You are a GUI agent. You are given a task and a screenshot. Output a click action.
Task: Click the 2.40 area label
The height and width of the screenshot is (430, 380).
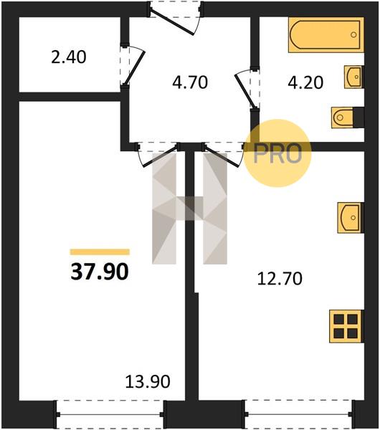tap(69, 57)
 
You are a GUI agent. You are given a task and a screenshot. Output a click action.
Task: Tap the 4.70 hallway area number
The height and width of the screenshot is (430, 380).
tap(190, 82)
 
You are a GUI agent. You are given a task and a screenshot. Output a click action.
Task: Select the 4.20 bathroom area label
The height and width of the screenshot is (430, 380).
tap(305, 82)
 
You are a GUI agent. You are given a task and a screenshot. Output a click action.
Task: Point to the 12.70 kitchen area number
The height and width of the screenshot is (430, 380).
tap(280, 279)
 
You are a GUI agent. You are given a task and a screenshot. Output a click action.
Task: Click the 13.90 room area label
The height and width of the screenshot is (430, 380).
tap(148, 381)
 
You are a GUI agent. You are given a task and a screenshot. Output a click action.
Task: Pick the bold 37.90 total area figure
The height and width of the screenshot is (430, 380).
tap(100, 272)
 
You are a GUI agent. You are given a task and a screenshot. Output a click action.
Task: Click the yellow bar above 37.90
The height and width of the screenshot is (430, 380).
tap(100, 252)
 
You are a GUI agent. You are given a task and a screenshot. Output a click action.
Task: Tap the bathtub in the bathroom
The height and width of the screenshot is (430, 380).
tap(326, 35)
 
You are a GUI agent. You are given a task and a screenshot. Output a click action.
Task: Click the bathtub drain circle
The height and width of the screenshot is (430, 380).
tap(353, 34)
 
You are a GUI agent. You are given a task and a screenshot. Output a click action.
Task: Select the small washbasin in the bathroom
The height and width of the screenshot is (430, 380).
tap(354, 77)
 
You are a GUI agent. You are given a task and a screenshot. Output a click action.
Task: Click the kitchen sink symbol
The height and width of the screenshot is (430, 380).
tap(351, 218)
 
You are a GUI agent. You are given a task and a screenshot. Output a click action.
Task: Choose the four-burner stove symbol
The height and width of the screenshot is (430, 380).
tap(346, 326)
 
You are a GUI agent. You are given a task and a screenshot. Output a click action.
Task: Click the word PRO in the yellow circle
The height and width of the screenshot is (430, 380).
tap(277, 153)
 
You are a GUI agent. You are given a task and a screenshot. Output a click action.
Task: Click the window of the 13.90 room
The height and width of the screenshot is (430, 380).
tap(110, 414)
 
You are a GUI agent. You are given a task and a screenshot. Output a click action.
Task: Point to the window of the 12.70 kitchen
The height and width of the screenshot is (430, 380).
tap(298, 414)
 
